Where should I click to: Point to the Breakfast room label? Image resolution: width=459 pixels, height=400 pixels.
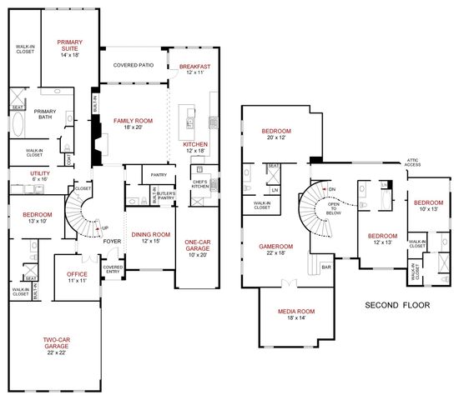pyautogui.click(x=194, y=67)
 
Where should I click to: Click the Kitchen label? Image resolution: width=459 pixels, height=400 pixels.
pyautogui.click(x=194, y=145)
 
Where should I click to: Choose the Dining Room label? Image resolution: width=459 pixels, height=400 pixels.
pyautogui.click(x=150, y=235)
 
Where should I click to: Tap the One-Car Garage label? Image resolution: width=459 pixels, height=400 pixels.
pyautogui.click(x=198, y=247)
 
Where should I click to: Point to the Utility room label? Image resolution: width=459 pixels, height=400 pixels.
pyautogui.click(x=18, y=173)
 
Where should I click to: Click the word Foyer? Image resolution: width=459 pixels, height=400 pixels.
pyautogui.click(x=111, y=242)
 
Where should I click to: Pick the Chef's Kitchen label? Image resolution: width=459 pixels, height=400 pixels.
pyautogui.click(x=199, y=185)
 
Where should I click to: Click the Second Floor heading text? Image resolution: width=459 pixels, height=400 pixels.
pyautogui.click(x=397, y=306)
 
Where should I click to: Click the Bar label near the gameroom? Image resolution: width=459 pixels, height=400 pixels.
pyautogui.click(x=327, y=267)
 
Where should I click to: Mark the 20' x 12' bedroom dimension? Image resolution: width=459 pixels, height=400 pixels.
pyautogui.click(x=276, y=139)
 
